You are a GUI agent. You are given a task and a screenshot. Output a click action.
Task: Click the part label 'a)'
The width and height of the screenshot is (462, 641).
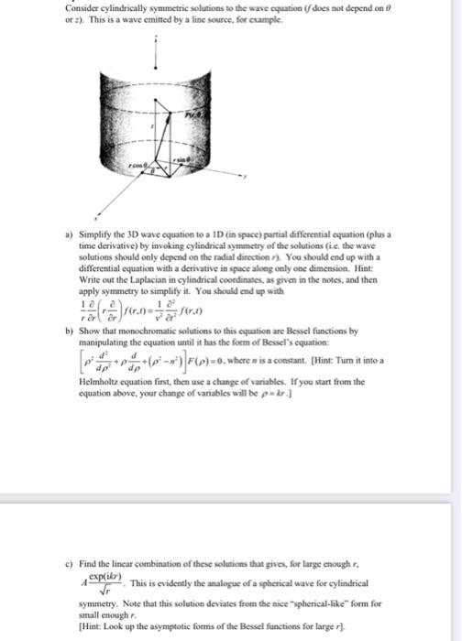pyautogui.click(x=69, y=235)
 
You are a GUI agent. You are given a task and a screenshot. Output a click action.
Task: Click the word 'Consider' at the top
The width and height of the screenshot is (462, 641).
pyautogui.click(x=83, y=8)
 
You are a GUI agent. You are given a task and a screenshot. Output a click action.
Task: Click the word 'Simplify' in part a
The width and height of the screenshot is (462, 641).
pyautogui.click(x=94, y=235)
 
